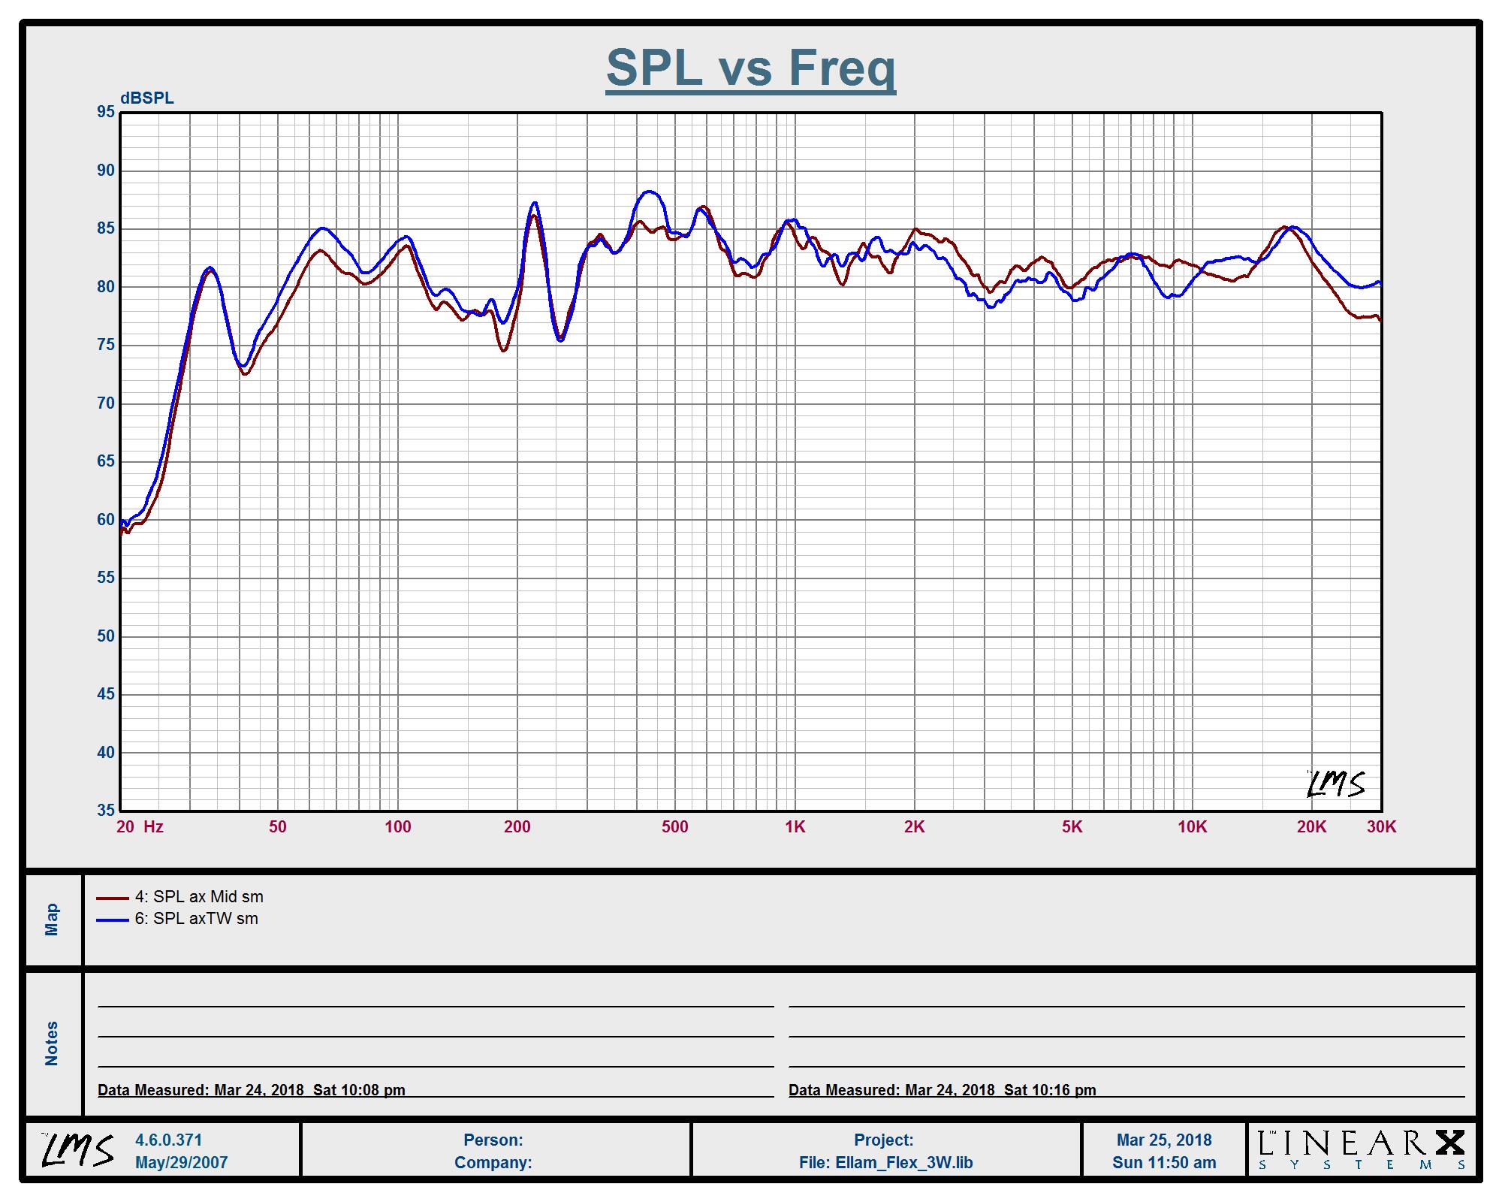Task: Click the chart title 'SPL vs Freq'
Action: click(x=750, y=68)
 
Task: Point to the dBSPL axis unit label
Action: click(x=146, y=98)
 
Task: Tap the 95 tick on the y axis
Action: click(x=106, y=112)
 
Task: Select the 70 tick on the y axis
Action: click(x=106, y=403)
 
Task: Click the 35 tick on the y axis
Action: click(x=106, y=811)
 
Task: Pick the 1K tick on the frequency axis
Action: click(x=795, y=827)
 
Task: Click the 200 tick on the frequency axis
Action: click(x=517, y=827)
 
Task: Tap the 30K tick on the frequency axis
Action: click(x=1381, y=827)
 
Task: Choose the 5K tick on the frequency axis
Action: click(x=1072, y=827)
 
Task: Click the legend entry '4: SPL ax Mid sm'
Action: click(x=199, y=896)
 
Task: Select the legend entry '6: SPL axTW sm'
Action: click(x=196, y=919)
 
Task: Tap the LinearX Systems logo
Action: click(x=1361, y=1150)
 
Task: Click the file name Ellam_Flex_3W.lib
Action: click(x=885, y=1163)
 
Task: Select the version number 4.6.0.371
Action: click(x=168, y=1140)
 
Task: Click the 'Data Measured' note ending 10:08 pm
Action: click(x=252, y=1090)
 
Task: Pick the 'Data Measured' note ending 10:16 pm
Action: click(x=942, y=1090)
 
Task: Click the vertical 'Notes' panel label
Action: click(x=52, y=1043)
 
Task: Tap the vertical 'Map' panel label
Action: click(x=52, y=920)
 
